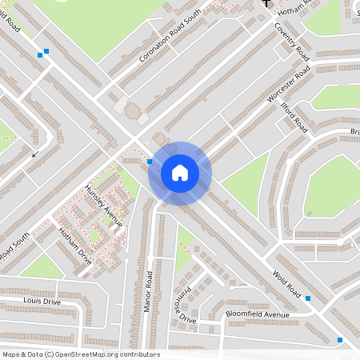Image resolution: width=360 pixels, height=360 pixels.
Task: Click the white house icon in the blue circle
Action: point(180,173)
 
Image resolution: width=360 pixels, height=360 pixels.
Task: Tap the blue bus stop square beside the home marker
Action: point(150,162)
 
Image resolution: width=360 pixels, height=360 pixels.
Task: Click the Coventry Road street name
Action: point(291,40)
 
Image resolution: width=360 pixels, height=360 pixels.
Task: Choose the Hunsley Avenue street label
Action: point(104,206)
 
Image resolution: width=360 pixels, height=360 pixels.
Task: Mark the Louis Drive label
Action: point(42,302)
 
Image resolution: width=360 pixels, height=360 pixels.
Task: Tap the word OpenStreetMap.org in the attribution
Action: point(85,354)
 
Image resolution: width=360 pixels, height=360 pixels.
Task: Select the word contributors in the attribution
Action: point(138,354)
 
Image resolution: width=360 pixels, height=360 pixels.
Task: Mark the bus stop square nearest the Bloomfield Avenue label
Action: point(308,298)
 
